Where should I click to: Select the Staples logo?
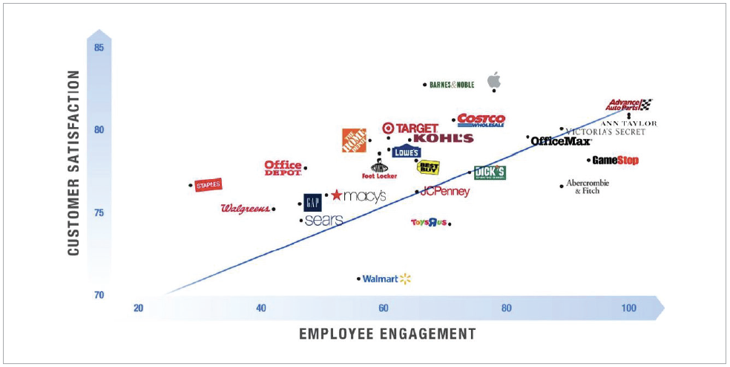click(208, 185)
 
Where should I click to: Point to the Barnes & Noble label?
click(452, 85)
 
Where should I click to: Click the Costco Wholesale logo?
click(481, 120)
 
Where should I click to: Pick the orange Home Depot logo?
click(354, 140)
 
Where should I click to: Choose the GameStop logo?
click(615, 160)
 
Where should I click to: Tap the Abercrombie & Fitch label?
click(587, 186)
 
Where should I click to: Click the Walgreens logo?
click(245, 209)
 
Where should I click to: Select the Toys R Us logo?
click(428, 222)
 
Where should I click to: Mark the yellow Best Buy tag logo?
click(428, 166)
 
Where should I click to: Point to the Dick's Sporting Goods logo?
click(490, 172)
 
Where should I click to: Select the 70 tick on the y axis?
click(99, 295)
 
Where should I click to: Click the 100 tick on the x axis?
click(628, 308)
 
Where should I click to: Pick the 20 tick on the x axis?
click(138, 308)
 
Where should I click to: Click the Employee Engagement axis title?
click(387, 334)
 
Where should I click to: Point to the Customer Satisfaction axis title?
click(73, 163)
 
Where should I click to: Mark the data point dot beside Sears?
click(300, 221)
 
